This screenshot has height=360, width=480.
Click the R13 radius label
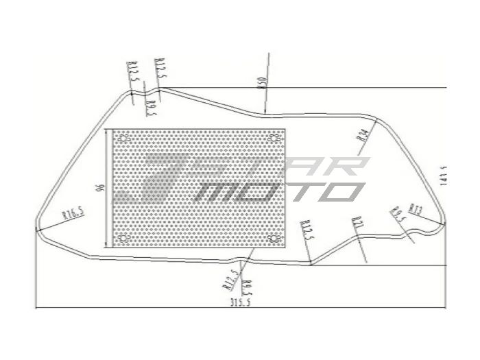[x=415, y=208]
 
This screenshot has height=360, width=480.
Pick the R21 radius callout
[x=357, y=224]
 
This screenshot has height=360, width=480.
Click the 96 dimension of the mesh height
[x=101, y=188]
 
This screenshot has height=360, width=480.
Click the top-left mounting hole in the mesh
[x=124, y=139]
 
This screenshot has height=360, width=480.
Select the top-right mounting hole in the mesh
[x=275, y=139]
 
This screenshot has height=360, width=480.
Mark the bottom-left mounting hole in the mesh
[x=124, y=239]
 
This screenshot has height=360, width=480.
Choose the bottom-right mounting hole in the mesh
[x=275, y=239]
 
